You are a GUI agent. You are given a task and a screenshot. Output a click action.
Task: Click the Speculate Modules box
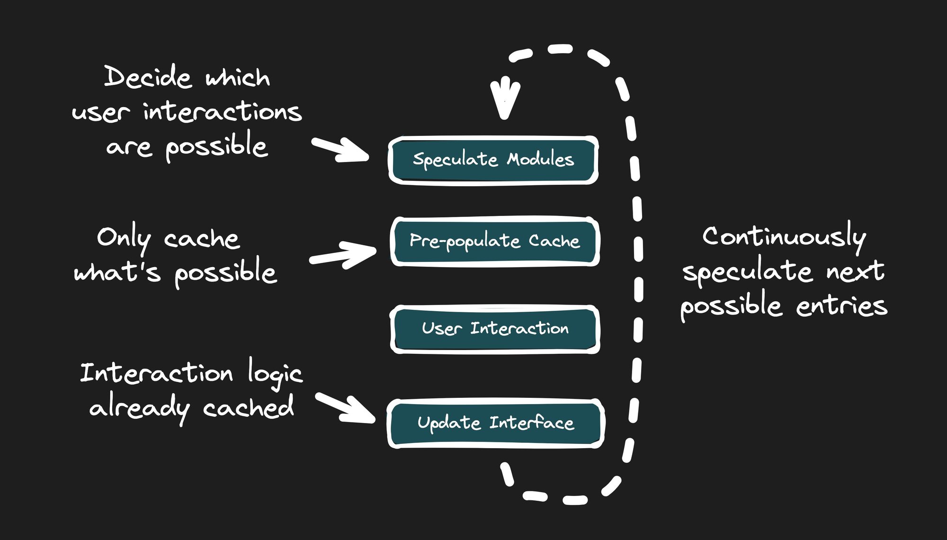493,160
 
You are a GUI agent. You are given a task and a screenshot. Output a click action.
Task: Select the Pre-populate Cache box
495,242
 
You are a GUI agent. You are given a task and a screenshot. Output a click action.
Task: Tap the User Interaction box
495,329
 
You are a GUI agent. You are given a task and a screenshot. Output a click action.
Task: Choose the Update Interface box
495,423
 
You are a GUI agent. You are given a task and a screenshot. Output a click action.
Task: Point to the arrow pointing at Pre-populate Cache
343,255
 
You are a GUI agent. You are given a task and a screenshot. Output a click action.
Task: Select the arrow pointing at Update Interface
346,408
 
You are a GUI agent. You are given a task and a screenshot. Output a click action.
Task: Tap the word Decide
148,77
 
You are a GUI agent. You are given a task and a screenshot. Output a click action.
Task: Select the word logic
275,374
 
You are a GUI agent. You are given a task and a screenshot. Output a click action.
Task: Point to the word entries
841,306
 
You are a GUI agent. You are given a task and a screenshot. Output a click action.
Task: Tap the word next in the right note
855,271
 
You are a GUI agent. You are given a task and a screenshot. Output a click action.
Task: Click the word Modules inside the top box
540,159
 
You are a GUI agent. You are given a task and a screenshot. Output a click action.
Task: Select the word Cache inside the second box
554,241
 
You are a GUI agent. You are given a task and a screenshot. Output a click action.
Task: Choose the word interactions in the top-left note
223,112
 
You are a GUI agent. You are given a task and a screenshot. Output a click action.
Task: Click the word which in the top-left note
238,78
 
